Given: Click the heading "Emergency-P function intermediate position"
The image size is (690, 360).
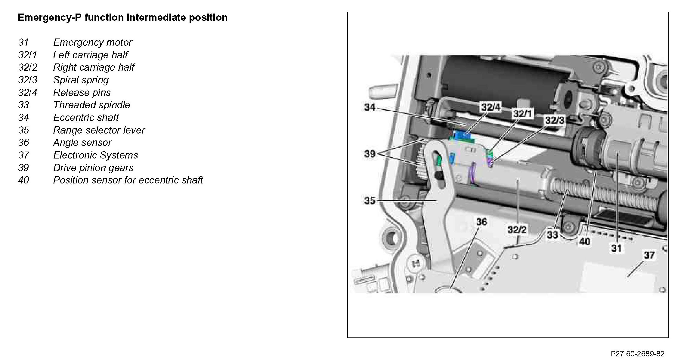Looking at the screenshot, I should [x=122, y=17].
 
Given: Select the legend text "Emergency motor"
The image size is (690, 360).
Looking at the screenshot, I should [x=92, y=42].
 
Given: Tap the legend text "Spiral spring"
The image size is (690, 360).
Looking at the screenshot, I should [x=81, y=80].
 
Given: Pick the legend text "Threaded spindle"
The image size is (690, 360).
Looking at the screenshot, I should [x=91, y=105].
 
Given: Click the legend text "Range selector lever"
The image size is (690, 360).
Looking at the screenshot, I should [x=99, y=130].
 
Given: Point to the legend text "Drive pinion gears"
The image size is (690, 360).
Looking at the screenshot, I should [x=93, y=168].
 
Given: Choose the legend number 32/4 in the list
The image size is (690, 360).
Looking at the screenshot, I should [x=28, y=93].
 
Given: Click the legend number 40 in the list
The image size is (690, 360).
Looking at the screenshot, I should [x=23, y=180].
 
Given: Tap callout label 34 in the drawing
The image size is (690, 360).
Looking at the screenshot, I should [x=370, y=107].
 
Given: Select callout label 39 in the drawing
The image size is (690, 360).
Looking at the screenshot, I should [x=370, y=154].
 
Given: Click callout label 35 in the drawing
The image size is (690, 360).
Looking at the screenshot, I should [x=370, y=200].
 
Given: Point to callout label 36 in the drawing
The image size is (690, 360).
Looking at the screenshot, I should [x=481, y=222].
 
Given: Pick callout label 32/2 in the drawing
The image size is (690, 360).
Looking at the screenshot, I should [x=517, y=230].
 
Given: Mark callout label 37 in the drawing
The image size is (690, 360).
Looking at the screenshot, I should [x=649, y=255].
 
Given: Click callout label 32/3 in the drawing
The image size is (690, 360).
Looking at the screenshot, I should [x=555, y=120].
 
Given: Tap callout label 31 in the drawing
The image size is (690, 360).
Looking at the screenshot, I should [x=616, y=248].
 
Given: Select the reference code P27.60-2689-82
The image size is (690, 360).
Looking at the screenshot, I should [x=637, y=354].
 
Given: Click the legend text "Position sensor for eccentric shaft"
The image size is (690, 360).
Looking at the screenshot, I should [x=128, y=180].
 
